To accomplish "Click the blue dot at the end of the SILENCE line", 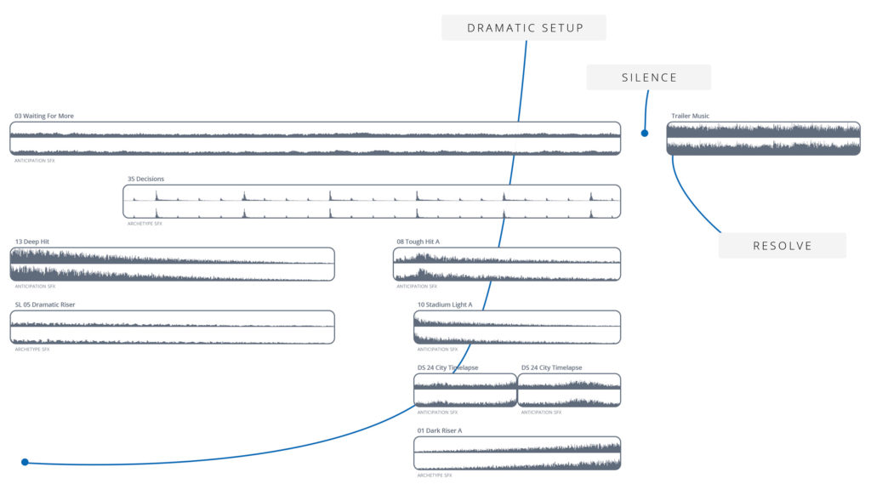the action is point(645,133).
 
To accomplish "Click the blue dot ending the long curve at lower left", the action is point(25,462).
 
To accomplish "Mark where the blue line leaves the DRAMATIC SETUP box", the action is point(526,41).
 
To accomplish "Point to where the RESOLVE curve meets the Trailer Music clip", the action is point(673,156).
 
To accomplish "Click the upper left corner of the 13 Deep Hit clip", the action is point(10,248).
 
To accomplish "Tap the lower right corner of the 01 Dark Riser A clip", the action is point(620,470).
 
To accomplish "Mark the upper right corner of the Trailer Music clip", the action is point(860,122).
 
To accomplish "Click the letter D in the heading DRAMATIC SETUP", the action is point(471,28).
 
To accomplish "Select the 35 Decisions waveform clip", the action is point(372,201).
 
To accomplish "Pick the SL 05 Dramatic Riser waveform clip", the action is point(172,327).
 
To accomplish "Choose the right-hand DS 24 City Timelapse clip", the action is point(569,390).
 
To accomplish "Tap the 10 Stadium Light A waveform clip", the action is point(517,327).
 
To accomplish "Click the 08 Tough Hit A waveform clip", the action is point(507,264).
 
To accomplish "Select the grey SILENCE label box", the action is point(649,77).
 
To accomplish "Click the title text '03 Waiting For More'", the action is point(44,116).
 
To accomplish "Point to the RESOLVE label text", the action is point(783,246).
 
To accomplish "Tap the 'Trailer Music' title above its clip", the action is point(690,116).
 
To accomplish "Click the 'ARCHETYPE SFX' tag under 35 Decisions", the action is point(145,224).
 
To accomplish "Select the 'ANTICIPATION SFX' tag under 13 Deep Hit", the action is point(35,286).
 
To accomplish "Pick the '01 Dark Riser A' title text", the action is point(440,430).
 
